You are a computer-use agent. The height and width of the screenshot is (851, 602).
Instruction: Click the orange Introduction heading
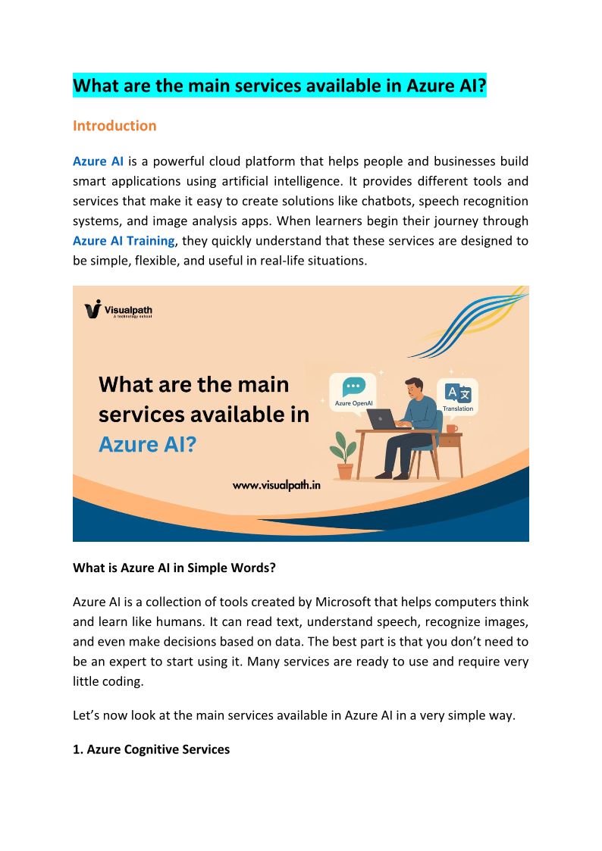[x=114, y=126]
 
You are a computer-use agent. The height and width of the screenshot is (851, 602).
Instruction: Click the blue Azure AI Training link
[x=124, y=241]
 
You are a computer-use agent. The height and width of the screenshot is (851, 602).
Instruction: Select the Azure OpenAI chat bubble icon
[x=353, y=387]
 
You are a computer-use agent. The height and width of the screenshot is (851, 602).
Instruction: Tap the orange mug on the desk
[x=451, y=428]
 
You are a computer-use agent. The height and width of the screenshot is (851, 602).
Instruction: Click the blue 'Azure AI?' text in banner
[x=147, y=444]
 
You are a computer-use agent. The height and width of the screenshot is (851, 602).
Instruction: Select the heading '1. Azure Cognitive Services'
[x=151, y=749]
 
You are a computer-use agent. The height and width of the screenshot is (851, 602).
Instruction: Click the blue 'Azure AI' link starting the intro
[x=98, y=161]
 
